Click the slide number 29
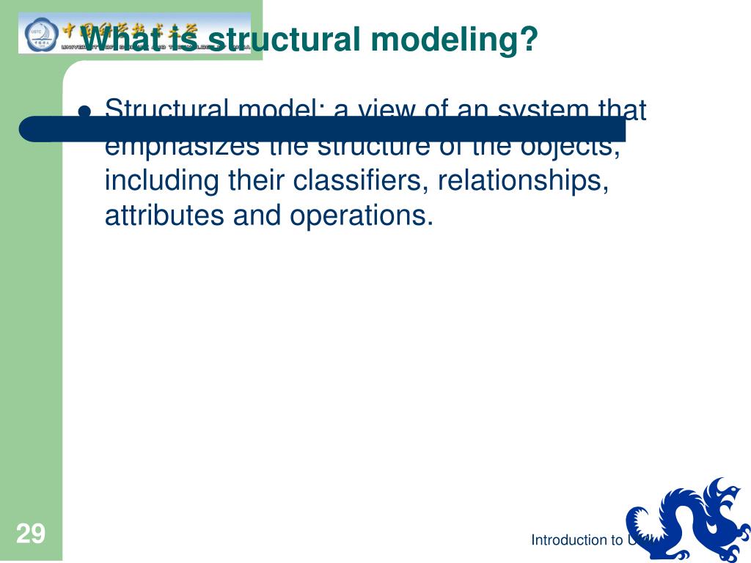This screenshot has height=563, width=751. pyautogui.click(x=30, y=534)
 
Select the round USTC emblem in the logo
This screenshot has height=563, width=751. pyautogui.click(x=37, y=33)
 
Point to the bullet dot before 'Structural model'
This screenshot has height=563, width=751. pyautogui.click(x=85, y=111)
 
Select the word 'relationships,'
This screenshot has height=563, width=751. pyautogui.click(x=524, y=181)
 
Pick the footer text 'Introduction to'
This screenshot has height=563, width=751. pyautogui.click(x=577, y=540)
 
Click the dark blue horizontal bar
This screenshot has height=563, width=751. pyautogui.click(x=323, y=128)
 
